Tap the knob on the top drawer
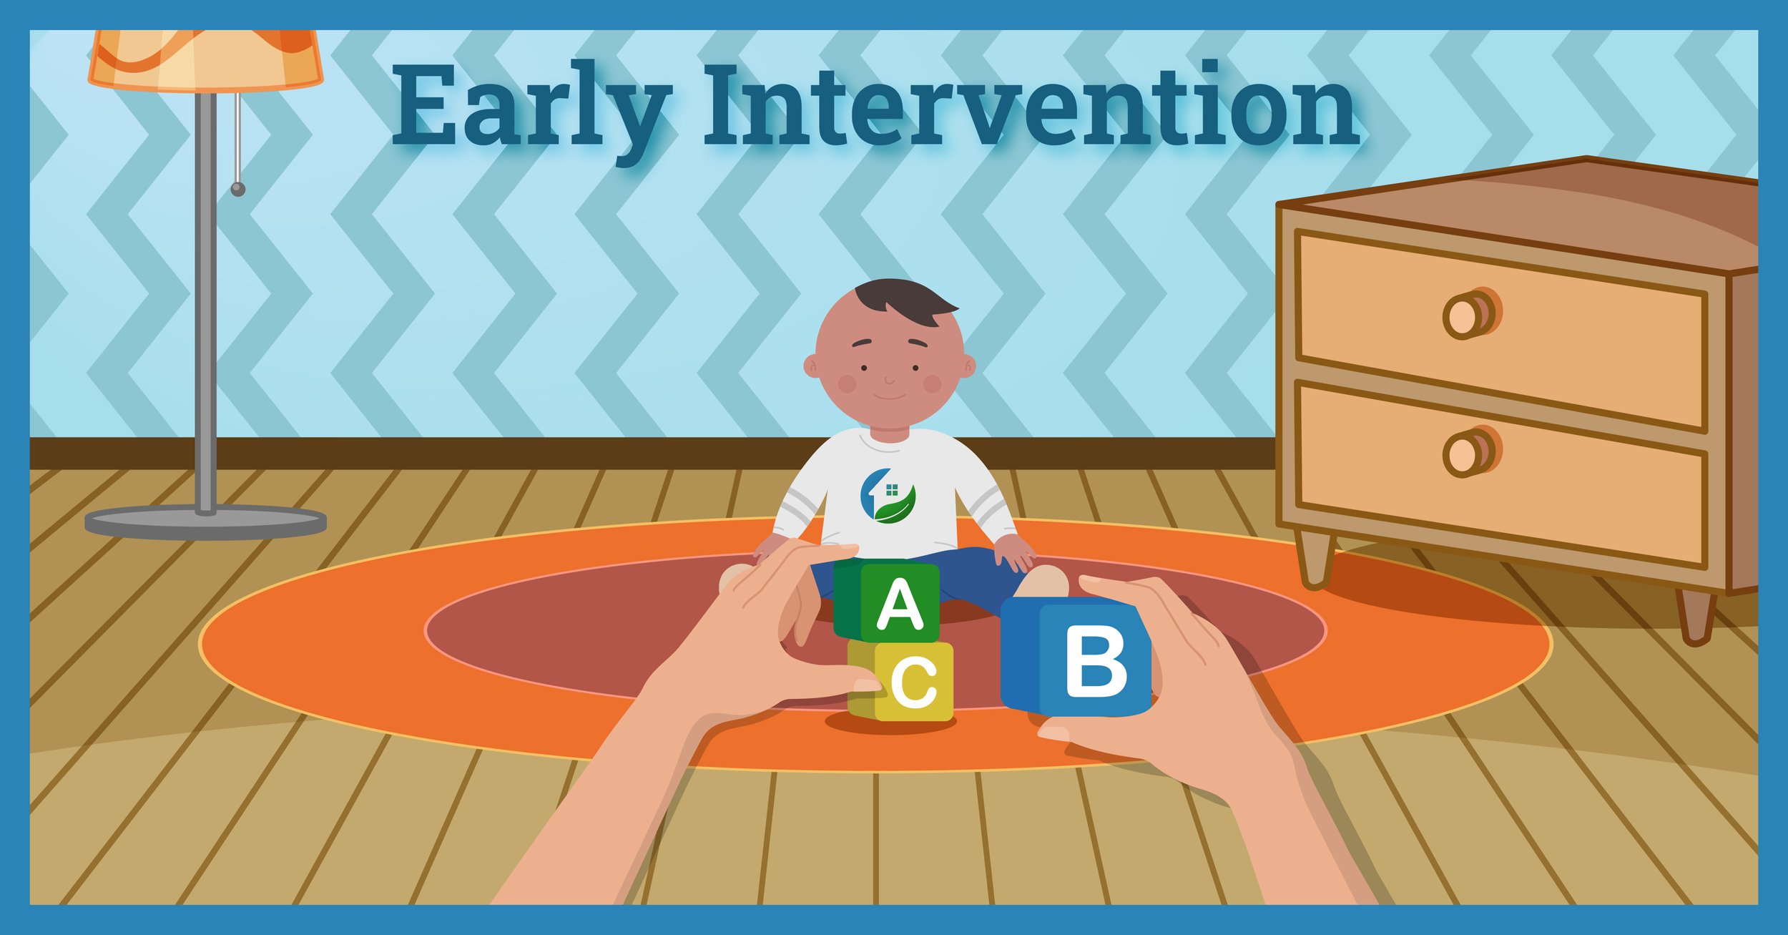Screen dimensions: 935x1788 point(1470,314)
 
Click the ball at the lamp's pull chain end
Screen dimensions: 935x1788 point(238,190)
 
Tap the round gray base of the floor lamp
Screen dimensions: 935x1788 point(205,522)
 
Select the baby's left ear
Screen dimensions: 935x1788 point(966,366)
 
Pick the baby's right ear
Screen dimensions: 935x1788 point(812,366)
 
